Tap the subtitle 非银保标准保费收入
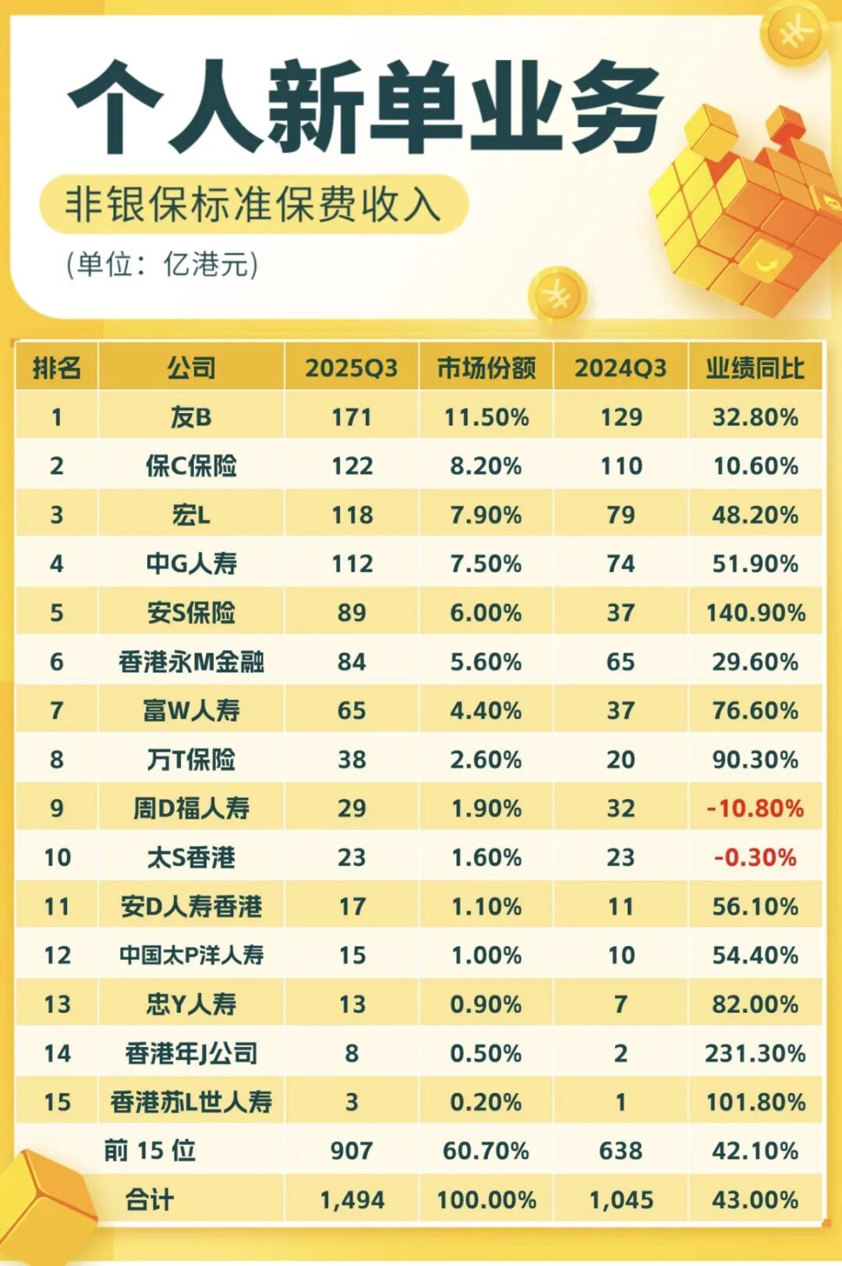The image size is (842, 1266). pos(253,204)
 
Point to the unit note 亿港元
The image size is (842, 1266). pos(162,265)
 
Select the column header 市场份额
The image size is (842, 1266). pos(486,368)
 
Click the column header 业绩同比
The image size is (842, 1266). pos(755,368)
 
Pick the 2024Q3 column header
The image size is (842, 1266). pos(621,368)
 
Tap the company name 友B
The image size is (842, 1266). pos(191,417)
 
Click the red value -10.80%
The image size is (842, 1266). pos(755,808)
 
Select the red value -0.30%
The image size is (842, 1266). pos(755,858)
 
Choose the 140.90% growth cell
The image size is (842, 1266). pos(755,613)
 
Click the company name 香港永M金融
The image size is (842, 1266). pos(191,662)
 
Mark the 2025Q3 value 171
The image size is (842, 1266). pos(352,417)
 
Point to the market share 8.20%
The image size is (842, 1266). pos(486,466)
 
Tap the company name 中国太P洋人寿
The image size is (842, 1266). pos(191,955)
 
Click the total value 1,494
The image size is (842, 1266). pos(352,1200)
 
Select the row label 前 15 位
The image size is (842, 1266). pos(150,1151)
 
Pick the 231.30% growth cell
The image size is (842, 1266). pos(755,1053)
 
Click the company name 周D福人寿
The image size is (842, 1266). pos(191,808)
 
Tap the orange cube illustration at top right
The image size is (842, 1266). pos(748,210)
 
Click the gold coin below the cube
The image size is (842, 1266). pos(557,295)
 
